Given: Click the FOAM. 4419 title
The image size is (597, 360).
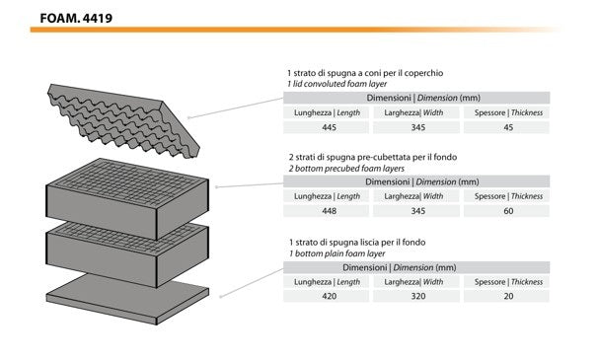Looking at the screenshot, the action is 76,19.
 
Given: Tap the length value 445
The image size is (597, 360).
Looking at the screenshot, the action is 329,127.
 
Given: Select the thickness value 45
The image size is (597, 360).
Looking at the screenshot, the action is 508,127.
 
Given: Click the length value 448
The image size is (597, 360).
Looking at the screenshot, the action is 329,211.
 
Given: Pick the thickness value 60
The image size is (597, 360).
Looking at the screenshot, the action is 508,211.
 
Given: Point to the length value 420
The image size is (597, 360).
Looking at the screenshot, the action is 329,296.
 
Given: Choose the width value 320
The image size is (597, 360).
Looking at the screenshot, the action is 418,296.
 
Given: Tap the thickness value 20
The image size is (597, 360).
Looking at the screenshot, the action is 508,296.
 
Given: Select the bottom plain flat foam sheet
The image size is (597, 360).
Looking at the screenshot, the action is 127,299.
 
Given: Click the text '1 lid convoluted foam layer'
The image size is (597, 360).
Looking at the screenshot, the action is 336,84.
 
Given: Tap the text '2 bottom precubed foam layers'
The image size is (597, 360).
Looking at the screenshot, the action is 346,169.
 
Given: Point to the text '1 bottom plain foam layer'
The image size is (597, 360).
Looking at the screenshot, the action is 336,253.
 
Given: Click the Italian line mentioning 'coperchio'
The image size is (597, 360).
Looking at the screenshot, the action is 365,73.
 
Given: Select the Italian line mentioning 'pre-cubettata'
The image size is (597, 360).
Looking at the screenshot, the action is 373,157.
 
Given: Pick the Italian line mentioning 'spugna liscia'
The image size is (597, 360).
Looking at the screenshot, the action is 357,243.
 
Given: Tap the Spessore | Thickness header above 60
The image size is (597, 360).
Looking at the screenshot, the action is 508,196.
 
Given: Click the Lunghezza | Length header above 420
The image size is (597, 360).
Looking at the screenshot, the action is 327,282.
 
